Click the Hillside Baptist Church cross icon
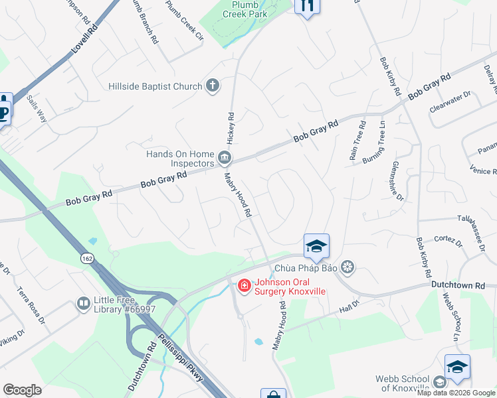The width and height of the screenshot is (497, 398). pos(213,85)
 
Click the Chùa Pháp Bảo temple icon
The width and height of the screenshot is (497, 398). pos(346,268)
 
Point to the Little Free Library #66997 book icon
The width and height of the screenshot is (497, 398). pos(84,304)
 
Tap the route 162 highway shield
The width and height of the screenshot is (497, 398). pos(88,258)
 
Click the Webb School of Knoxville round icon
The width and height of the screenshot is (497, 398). pos(439,382)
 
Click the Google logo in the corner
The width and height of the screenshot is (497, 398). pos(23,390)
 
